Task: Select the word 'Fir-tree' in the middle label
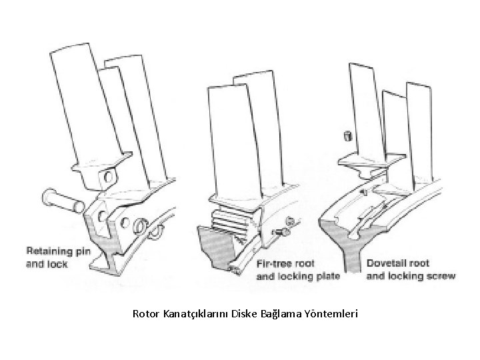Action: pyautogui.click(x=276, y=263)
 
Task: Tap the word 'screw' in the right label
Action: pyautogui.click(x=441, y=275)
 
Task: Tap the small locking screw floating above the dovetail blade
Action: pyautogui.click(x=347, y=136)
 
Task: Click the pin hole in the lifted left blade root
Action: pyautogui.click(x=107, y=177)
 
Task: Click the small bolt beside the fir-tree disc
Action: pyautogui.click(x=283, y=232)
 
